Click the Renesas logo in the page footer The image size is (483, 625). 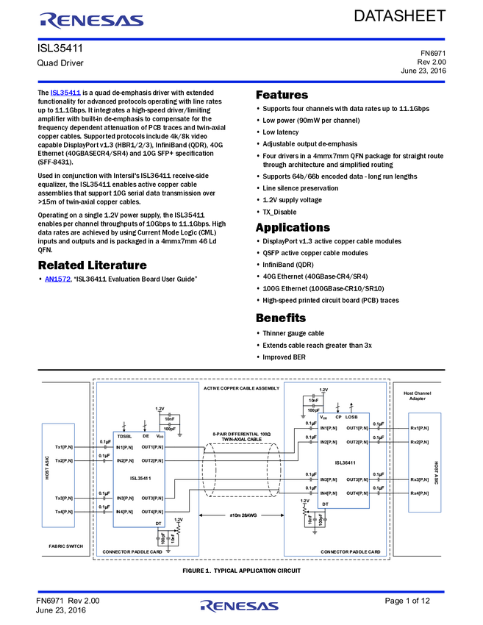coord(240,607)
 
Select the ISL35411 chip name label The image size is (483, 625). coord(140,479)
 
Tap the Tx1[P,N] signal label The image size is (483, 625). coord(65,447)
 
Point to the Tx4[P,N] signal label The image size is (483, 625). coord(65,511)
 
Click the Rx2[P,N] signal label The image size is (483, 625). coord(420,442)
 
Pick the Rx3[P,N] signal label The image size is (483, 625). coord(420,479)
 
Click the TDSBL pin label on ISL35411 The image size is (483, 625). coord(125,436)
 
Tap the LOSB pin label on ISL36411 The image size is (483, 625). coord(351,417)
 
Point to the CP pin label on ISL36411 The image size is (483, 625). coord(338,417)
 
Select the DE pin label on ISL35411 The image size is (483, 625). coord(146,436)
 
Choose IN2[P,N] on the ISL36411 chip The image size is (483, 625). coord(329,442)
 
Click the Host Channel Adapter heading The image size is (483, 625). coord(418,396)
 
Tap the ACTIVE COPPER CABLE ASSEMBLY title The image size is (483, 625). coord(241,387)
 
